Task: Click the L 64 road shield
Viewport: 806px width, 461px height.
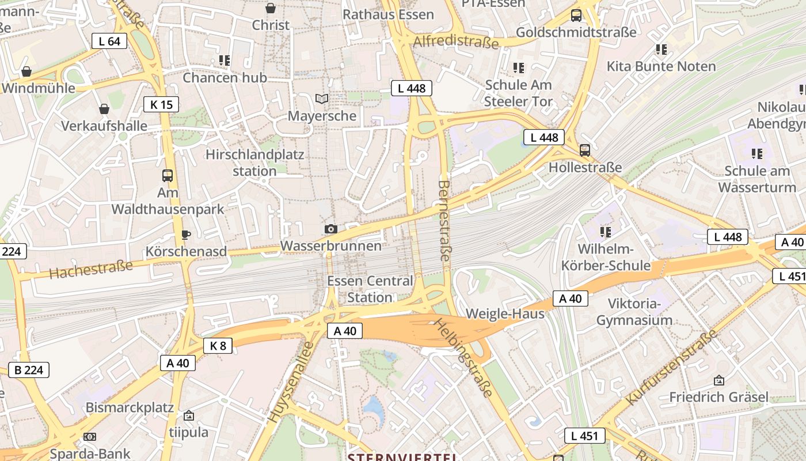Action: click(109, 41)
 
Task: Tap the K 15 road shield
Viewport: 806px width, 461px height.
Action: click(161, 104)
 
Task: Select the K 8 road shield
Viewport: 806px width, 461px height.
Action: click(218, 345)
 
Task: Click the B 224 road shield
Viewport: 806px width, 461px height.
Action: click(29, 370)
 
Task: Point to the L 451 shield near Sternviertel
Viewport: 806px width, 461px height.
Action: click(585, 436)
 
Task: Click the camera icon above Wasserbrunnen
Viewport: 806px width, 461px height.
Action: click(330, 229)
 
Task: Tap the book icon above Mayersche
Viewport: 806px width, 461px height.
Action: click(322, 99)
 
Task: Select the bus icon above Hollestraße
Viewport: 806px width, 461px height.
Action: click(585, 150)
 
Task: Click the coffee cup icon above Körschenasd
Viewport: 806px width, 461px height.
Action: click(185, 235)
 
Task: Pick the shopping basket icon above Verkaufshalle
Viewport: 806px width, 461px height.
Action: click(104, 108)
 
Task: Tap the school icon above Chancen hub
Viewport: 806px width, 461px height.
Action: click(225, 60)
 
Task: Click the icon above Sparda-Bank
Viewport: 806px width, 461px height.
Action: click(90, 437)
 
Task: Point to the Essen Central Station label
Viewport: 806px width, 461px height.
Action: click(370, 289)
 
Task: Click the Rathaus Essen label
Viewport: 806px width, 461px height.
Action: click(388, 14)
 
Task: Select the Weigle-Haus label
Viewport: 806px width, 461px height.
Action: click(505, 314)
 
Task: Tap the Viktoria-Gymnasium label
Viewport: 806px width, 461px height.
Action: click(634, 312)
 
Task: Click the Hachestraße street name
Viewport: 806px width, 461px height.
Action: click(91, 269)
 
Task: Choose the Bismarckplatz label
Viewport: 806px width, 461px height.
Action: click(130, 407)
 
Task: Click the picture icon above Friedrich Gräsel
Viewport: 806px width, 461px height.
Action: click(718, 380)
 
